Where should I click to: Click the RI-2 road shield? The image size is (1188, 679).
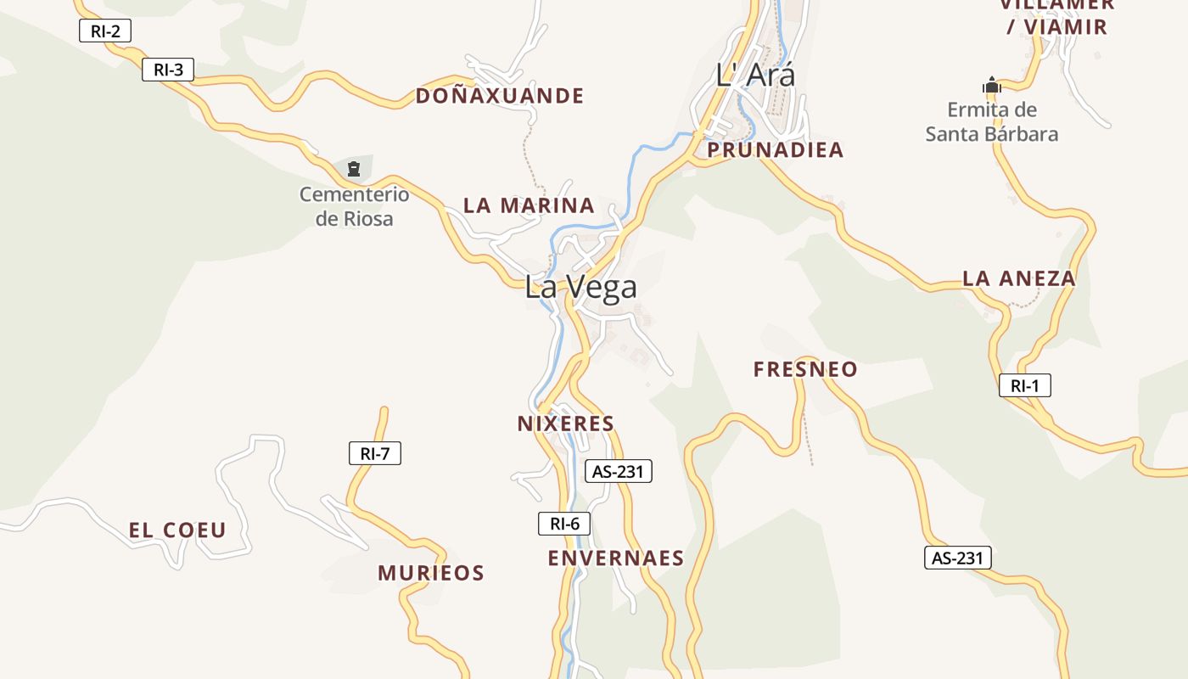click(x=105, y=32)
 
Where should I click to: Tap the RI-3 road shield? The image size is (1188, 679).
click(x=168, y=70)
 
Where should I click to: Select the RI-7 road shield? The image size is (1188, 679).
click(x=374, y=453)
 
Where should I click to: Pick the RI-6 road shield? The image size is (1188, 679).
click(x=564, y=524)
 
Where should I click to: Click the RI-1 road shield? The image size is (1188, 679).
click(x=1024, y=385)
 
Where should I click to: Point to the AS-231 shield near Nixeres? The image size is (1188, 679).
click(x=619, y=471)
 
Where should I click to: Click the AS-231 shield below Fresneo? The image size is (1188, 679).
click(x=957, y=558)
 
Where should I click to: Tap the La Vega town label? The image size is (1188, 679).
click(x=580, y=287)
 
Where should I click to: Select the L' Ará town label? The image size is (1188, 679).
click(x=755, y=75)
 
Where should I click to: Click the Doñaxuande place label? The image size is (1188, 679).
click(x=500, y=96)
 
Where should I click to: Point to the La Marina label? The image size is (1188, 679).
click(x=529, y=205)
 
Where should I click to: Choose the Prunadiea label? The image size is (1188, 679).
click(x=776, y=150)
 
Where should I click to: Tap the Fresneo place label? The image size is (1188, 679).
click(x=805, y=369)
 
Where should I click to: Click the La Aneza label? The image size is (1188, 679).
click(x=1018, y=278)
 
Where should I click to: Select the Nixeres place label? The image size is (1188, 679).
click(x=565, y=424)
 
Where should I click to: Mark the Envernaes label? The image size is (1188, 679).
click(x=615, y=558)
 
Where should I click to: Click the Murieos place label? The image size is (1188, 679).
click(x=431, y=573)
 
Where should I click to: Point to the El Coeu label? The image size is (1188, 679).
click(x=177, y=530)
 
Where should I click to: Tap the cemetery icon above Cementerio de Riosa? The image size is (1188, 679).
click(x=354, y=169)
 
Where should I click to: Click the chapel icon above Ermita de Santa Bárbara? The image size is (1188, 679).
click(x=991, y=86)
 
